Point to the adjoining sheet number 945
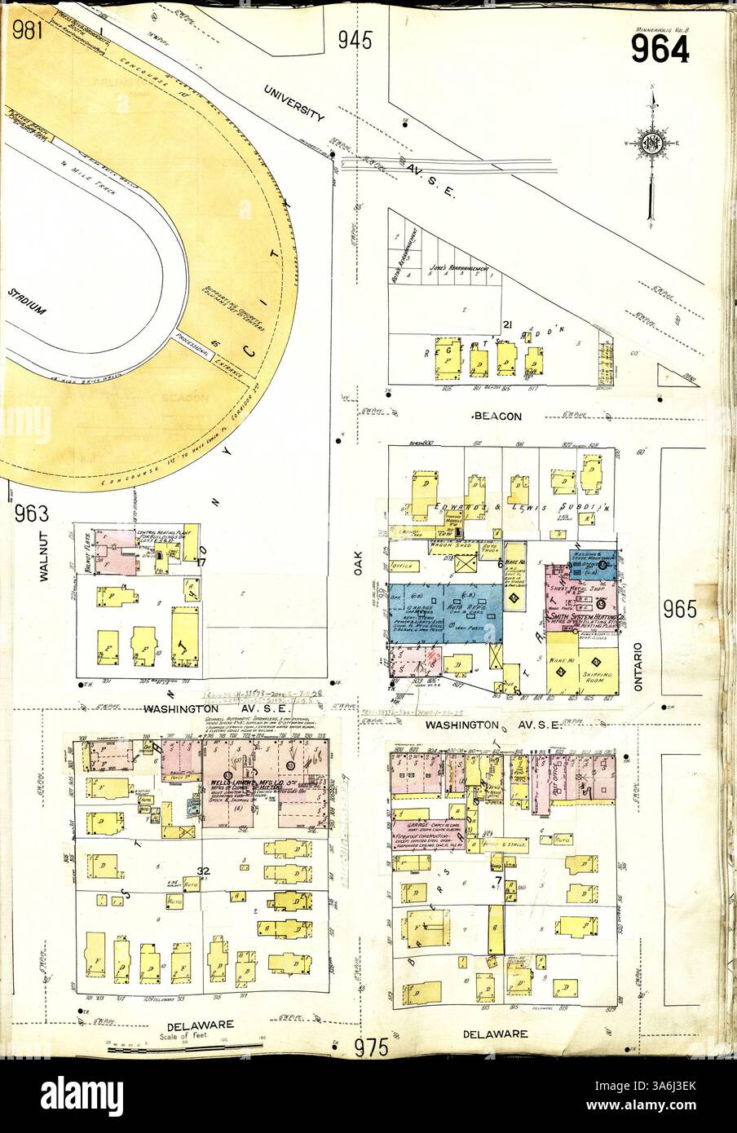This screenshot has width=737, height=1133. tap(355, 39)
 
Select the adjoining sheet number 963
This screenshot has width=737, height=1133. tap(32, 514)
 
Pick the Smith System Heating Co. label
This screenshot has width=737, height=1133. tap(582, 619)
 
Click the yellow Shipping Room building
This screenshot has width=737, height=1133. tap(601, 675)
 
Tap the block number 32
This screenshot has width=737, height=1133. tap(204, 871)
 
